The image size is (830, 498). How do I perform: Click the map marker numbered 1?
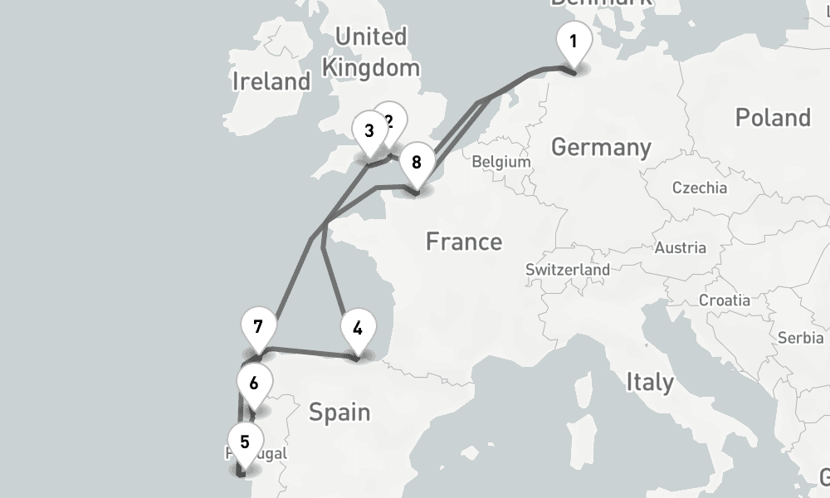[573, 41]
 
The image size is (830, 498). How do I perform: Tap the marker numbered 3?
[369, 130]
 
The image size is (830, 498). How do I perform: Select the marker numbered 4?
[357, 328]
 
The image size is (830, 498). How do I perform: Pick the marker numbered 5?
[244, 442]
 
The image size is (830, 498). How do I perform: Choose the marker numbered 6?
[254, 383]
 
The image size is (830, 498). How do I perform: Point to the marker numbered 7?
[258, 326]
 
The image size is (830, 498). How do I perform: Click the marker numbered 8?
[417, 162]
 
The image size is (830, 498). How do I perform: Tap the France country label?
[464, 242]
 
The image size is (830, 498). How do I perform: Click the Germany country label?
[601, 148]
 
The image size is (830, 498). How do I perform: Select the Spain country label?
[339, 412]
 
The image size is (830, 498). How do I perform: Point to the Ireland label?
[271, 81]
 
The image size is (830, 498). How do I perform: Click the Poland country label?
[772, 118]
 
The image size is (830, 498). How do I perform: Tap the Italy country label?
[650, 383]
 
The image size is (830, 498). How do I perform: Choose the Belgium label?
[501, 162]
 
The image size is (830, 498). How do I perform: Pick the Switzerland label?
[568, 270]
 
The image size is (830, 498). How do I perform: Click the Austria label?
[681, 247]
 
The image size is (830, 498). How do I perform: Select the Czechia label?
[700, 188]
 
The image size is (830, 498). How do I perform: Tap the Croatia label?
[725, 300]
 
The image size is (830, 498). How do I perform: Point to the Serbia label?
[801, 338]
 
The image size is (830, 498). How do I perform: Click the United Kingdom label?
[371, 51]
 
